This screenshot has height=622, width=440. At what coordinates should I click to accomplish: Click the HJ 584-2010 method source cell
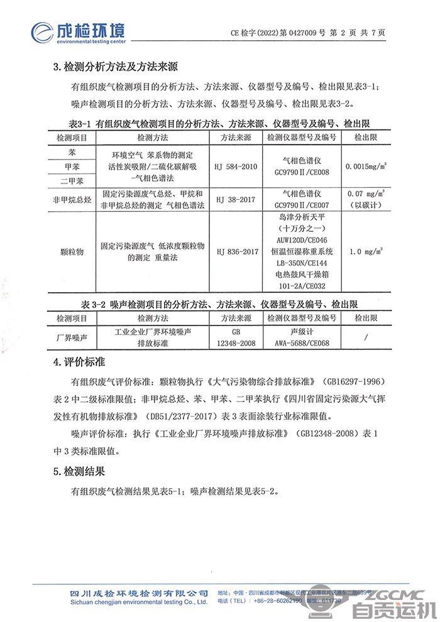pos(236,167)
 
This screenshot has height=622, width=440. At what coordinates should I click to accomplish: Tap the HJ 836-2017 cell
pos(236,251)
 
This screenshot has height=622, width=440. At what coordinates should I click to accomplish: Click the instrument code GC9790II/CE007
pos(302,205)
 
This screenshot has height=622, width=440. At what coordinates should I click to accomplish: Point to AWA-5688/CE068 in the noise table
pos(302,343)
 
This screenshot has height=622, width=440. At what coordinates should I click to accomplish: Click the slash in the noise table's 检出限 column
pos(366,337)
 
